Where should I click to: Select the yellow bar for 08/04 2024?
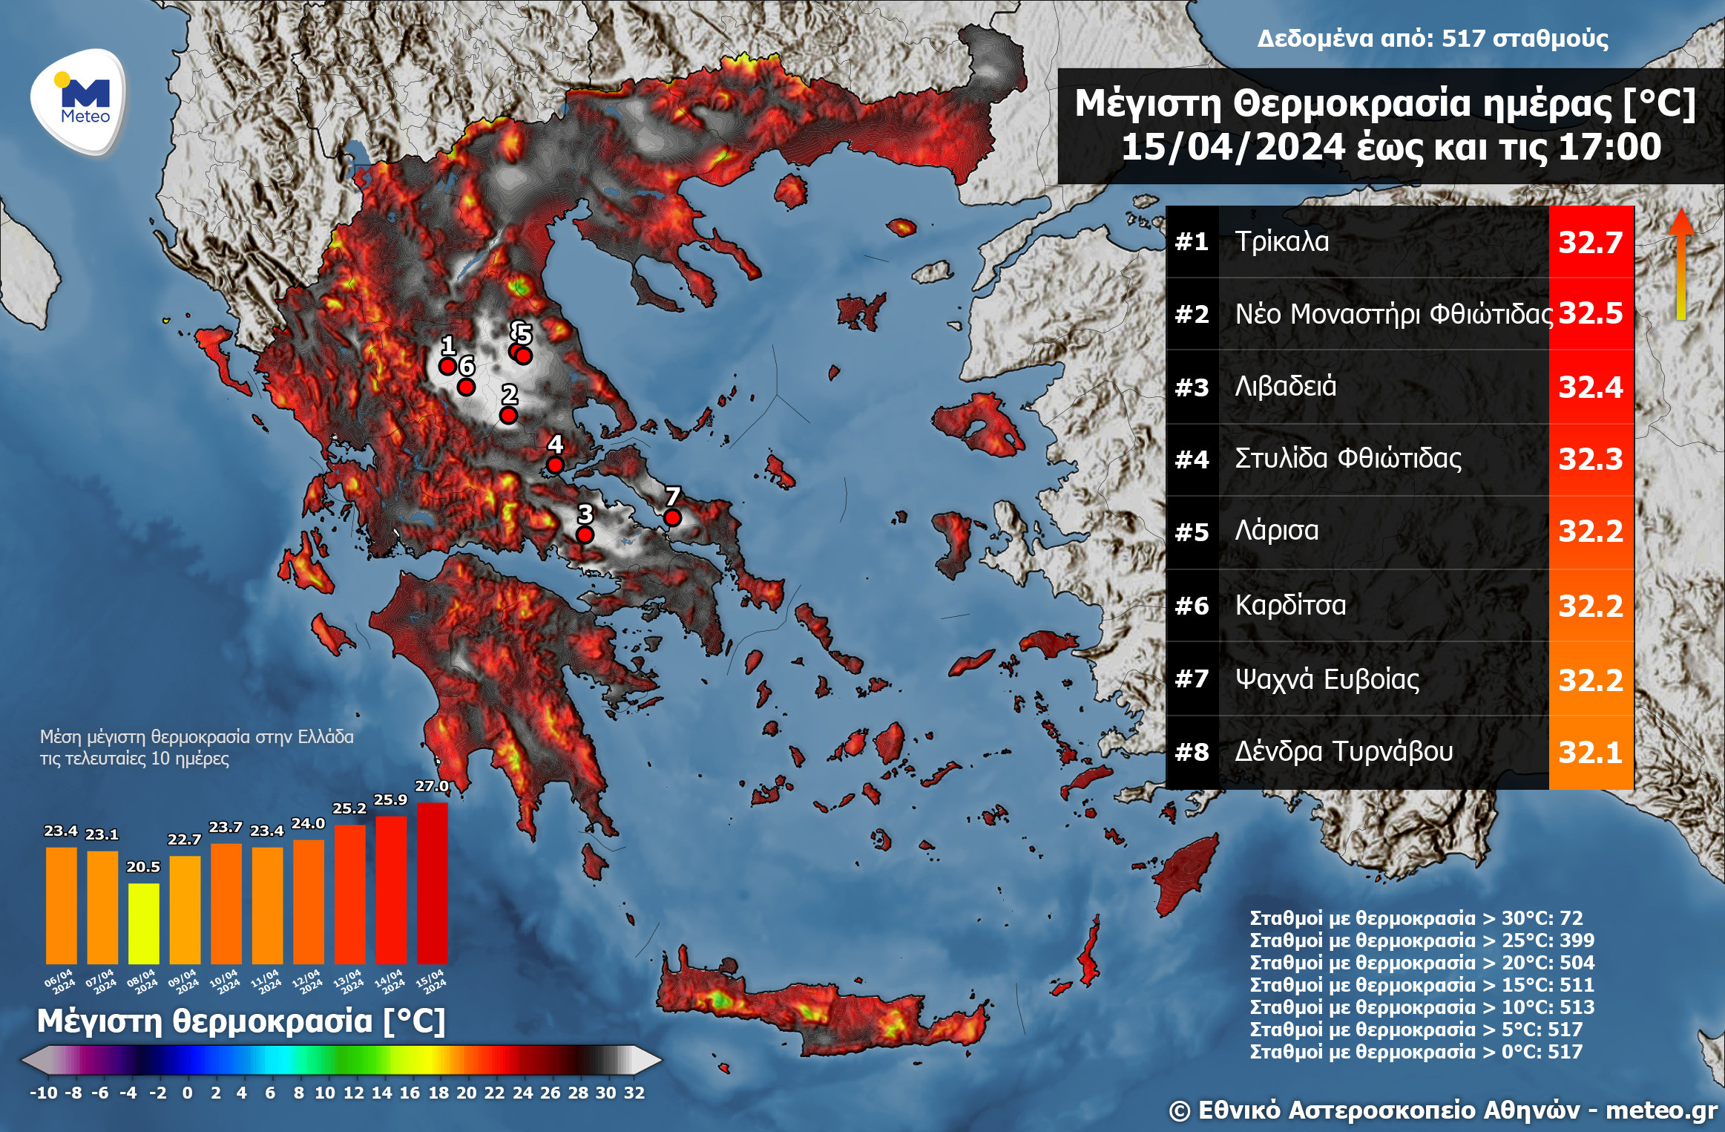click(x=143, y=923)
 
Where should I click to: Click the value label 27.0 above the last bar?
click(x=431, y=786)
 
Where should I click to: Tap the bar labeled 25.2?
click(x=349, y=894)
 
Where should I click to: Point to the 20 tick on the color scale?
click(x=466, y=1093)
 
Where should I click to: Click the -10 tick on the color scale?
click(x=43, y=1093)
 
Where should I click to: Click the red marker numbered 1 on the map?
click(x=447, y=366)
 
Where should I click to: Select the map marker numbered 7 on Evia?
click(x=672, y=517)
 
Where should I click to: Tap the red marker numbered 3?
click(x=585, y=534)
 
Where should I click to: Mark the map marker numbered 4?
click(x=555, y=465)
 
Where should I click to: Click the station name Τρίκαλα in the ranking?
click(x=1281, y=242)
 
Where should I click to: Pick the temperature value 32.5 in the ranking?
click(x=1591, y=313)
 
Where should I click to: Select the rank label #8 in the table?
click(x=1192, y=753)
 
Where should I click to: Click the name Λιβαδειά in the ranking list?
click(x=1285, y=387)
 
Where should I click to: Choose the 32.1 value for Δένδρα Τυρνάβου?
click(x=1591, y=753)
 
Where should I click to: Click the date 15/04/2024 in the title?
click(x=1232, y=147)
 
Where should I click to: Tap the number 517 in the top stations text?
click(x=1464, y=39)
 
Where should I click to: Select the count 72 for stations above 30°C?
click(x=1571, y=918)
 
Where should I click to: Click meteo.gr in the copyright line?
click(x=1661, y=1110)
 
